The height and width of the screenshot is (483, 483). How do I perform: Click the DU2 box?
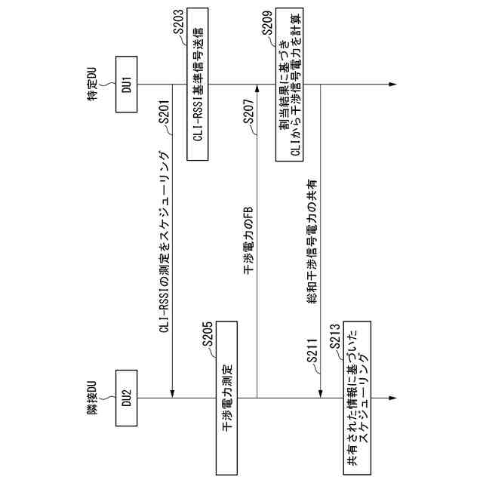tap(126, 398)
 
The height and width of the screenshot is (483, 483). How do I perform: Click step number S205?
tap(211, 336)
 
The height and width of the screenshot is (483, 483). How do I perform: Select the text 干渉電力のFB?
tap(248, 238)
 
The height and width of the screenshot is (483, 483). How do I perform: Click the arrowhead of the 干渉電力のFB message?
tap(257, 88)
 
